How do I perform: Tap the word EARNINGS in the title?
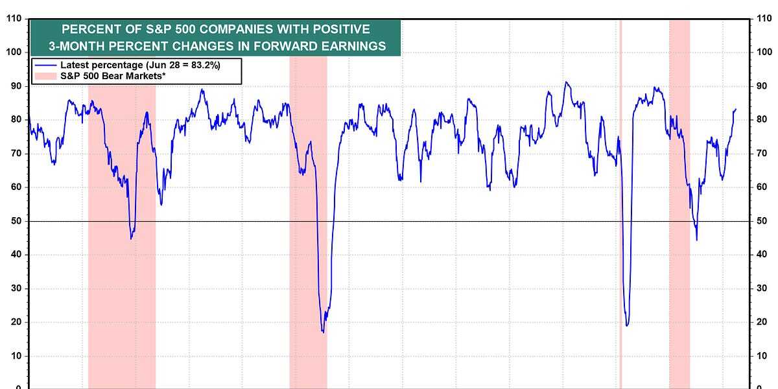tap(351, 45)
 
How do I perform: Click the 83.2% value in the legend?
tap(220, 65)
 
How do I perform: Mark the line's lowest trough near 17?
tap(323, 332)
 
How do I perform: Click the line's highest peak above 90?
tap(566, 82)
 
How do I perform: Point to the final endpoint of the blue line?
tap(736, 109)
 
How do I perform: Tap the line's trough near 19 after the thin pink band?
tap(627, 325)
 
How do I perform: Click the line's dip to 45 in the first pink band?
tap(131, 238)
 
